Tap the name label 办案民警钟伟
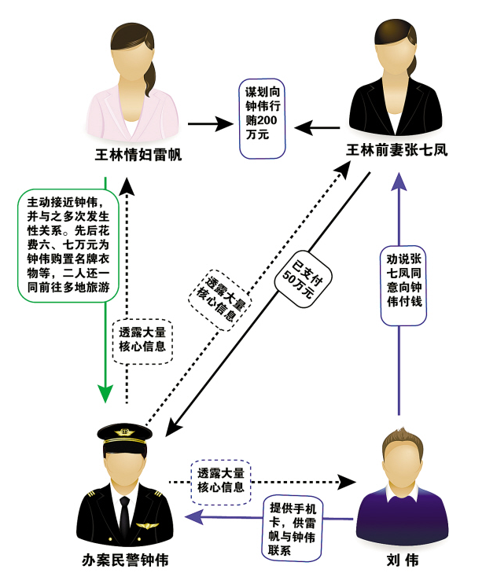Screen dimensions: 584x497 coord(125,560)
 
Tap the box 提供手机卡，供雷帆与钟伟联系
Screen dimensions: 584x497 coord(293,528)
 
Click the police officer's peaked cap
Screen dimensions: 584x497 coord(124,434)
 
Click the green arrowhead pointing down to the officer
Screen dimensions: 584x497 coord(105,392)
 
